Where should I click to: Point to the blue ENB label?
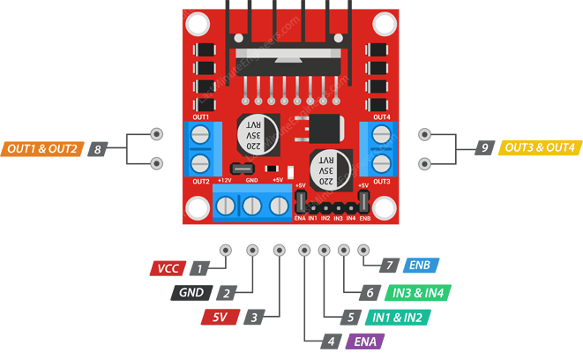(418, 266)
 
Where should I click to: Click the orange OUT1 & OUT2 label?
(42, 148)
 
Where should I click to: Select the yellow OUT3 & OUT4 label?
(538, 148)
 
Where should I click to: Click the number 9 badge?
(484, 149)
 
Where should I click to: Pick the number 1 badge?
(202, 267)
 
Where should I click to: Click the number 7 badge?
(386, 266)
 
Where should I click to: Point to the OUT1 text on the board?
(200, 117)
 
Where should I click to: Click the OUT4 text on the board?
(381, 117)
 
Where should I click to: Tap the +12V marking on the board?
(224, 179)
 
